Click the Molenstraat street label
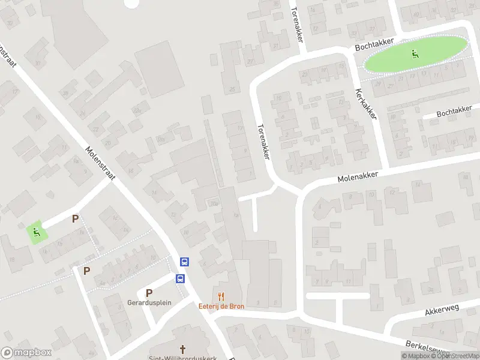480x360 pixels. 100,163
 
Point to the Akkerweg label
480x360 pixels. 442,310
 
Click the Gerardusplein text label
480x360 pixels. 149,302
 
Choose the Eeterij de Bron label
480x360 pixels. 221,305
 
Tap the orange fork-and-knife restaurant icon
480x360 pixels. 221,295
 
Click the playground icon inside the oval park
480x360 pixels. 414,55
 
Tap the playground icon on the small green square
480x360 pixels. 37,232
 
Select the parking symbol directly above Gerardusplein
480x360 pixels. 149,292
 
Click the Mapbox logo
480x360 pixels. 26,353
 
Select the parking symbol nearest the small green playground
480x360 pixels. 75,219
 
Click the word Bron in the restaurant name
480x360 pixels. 236,305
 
